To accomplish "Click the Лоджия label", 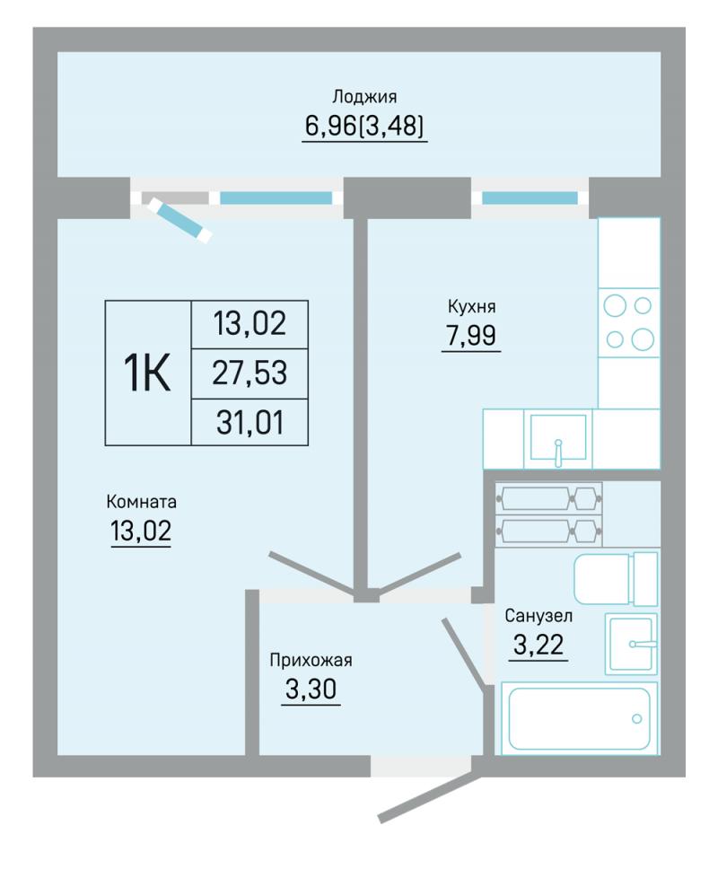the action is pos(364,97).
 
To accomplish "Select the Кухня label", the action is pos(471,307).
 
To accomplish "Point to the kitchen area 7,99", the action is pos(471,336).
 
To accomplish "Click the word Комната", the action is pos(141,502).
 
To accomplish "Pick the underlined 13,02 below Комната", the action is pos(141,531).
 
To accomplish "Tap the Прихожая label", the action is pos(311,661).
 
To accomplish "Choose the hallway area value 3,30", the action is pos(311,690).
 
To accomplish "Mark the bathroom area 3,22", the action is pos(538,645).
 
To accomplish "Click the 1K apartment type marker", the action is pos(147,373).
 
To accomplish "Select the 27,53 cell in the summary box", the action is pos(250,373).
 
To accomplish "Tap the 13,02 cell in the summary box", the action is pos(250,323).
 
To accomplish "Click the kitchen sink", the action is pos(558,438).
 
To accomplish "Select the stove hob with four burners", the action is pos(629,323).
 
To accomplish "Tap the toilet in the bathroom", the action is pos(616,579).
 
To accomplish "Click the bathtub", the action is pos(579,718).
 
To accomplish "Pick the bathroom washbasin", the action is pos(631,644).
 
